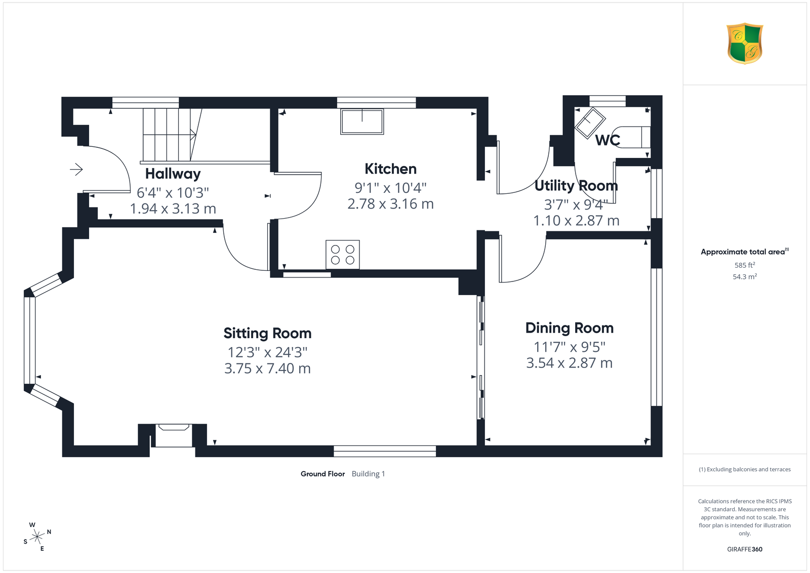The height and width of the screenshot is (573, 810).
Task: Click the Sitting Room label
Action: (267, 333)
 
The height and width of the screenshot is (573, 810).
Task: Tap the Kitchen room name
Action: (390, 169)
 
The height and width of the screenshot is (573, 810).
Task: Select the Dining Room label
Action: (570, 328)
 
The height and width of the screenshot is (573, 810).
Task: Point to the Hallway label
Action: (173, 174)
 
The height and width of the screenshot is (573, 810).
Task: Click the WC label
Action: (607, 140)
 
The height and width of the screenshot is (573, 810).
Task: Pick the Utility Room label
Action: (576, 185)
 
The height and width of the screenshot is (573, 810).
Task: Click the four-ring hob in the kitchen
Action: (342, 255)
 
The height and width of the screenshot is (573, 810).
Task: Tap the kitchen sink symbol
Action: (362, 121)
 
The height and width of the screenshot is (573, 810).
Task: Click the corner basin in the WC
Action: (590, 122)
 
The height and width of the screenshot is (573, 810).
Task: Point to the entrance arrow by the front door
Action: (76, 169)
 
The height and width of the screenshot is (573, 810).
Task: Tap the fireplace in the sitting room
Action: (174, 435)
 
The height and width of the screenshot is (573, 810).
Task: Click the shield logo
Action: (745, 44)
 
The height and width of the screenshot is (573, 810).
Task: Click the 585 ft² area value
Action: (745, 265)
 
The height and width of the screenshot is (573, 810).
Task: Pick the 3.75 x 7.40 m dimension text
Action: (267, 369)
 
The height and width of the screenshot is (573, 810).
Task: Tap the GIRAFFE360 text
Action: (745, 549)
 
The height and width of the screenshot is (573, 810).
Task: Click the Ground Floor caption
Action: (322, 474)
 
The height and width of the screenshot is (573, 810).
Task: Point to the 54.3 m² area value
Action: (745, 276)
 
